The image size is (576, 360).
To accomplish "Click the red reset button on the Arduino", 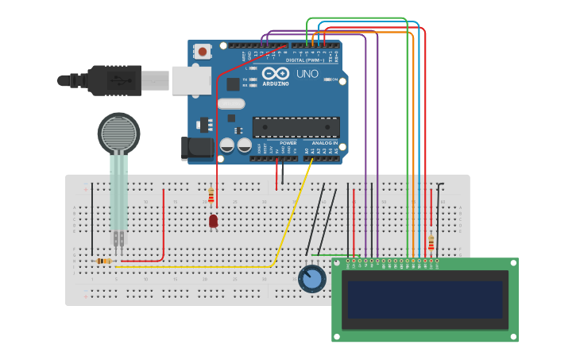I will [x=203, y=52].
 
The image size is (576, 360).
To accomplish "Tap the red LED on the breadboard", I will [x=213, y=221].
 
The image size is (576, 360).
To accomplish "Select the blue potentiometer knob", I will [x=312, y=279].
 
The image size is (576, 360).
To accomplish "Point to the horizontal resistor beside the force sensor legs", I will [x=102, y=261].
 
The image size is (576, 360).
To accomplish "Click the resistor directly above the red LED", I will [x=211, y=195].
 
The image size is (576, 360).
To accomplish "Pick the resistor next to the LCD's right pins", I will [x=431, y=242].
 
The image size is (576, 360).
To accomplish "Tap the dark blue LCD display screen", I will [x=425, y=300].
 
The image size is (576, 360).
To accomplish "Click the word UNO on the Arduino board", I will [x=307, y=74].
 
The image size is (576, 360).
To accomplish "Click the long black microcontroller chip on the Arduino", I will [x=296, y=127].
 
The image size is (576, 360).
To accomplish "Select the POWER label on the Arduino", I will [x=288, y=143].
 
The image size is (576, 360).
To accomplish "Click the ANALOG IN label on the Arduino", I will [x=325, y=143].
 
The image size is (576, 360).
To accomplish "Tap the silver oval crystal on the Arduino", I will [x=230, y=103].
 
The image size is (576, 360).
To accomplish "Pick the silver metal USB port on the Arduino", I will [x=191, y=79].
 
